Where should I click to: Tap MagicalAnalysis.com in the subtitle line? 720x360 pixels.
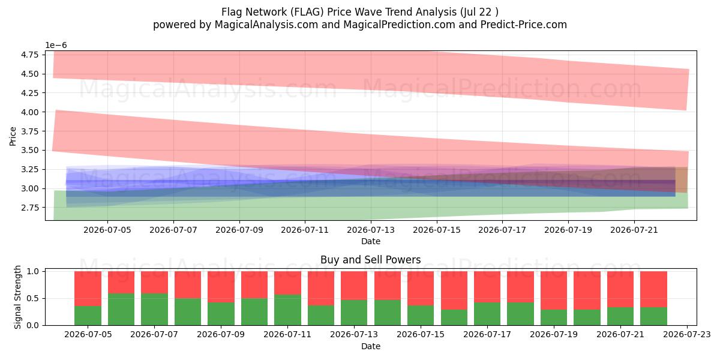pos(266,25)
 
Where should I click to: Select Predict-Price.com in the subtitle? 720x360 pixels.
pos(524,25)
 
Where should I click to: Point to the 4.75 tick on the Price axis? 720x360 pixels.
pos(29,55)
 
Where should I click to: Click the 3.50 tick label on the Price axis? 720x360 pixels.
pos(29,150)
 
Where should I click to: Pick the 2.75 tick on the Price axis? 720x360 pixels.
pos(29,208)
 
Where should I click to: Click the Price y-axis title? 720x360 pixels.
pos(13,136)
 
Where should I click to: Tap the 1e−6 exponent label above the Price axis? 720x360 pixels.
pos(56,46)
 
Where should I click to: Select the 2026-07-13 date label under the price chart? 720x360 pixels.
pos(371,230)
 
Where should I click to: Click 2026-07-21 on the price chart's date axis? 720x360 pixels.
pos(634,230)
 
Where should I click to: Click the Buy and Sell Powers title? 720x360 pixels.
pos(371,260)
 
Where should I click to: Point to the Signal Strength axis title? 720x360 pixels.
pos(17,298)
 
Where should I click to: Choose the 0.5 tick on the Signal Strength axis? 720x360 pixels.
pos(33,299)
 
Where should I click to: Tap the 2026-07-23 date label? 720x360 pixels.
pos(687,335)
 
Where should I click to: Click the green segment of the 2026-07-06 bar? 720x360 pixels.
pos(121,309)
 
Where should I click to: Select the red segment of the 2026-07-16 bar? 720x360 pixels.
pos(454,290)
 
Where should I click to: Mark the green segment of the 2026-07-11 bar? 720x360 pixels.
pos(287,310)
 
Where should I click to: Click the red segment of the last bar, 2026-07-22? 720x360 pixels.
pos(654,289)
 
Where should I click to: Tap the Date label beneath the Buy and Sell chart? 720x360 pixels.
pos(371,346)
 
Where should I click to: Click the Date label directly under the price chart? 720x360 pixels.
pos(371,241)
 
